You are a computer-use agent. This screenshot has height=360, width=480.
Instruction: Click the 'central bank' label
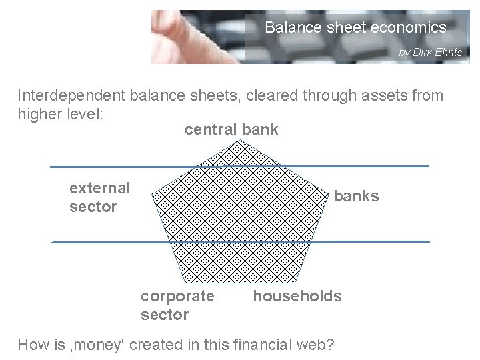pos(231,129)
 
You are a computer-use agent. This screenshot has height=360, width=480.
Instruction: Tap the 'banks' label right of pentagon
pos(356,196)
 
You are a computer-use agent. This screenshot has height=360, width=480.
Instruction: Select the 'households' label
pos(297,296)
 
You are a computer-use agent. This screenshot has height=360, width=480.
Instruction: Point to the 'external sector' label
pos(99,197)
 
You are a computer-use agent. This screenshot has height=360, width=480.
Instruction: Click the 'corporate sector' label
pos(177,305)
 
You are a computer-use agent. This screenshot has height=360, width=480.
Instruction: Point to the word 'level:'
pos(83,113)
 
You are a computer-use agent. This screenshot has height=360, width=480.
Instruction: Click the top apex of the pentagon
pos(239,140)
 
